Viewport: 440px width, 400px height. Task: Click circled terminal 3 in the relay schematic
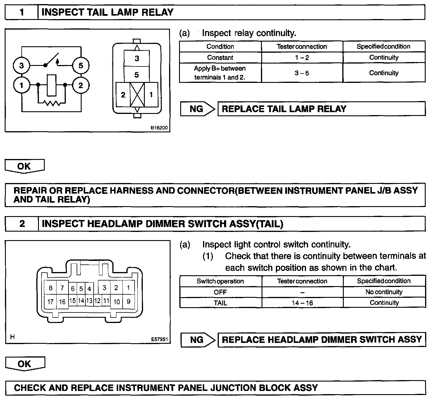point(21,65)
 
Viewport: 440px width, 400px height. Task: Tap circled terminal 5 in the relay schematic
point(81,65)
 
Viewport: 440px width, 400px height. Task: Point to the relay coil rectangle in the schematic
point(51,85)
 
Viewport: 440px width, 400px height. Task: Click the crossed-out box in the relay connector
point(137,95)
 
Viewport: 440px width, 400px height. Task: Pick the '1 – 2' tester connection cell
point(302,58)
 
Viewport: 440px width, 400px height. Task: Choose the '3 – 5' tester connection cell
point(302,73)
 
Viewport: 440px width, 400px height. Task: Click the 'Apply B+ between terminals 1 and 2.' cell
point(220,73)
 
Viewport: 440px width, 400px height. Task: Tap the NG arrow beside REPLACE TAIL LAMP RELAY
point(198,109)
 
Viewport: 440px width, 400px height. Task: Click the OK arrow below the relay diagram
point(25,166)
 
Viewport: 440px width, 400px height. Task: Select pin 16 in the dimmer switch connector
point(62,302)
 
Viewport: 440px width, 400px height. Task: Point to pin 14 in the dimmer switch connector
point(81,301)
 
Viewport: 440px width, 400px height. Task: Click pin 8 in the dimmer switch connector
point(50,288)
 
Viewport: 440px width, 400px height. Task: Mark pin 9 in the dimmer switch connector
point(128,301)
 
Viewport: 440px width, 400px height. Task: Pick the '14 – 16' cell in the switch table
point(302,303)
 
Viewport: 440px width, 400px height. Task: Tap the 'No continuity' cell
point(384,292)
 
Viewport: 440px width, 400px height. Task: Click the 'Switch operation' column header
point(220,281)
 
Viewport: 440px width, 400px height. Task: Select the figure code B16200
point(159,128)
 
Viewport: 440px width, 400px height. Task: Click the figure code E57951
point(159,339)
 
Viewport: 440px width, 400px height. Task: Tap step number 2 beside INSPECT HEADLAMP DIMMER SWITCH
point(22,224)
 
